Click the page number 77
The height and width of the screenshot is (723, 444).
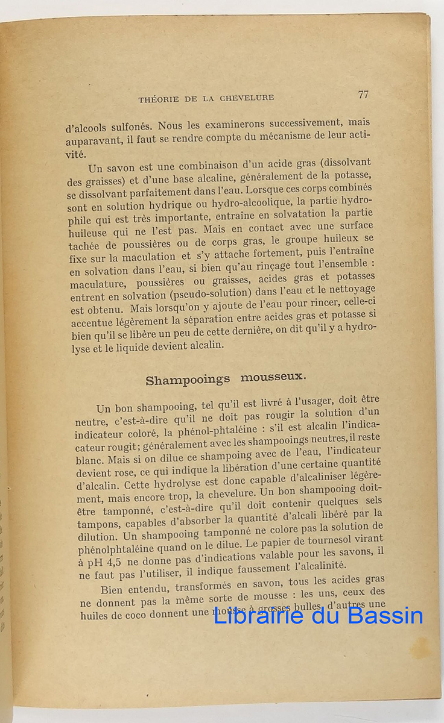[x=363, y=95]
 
